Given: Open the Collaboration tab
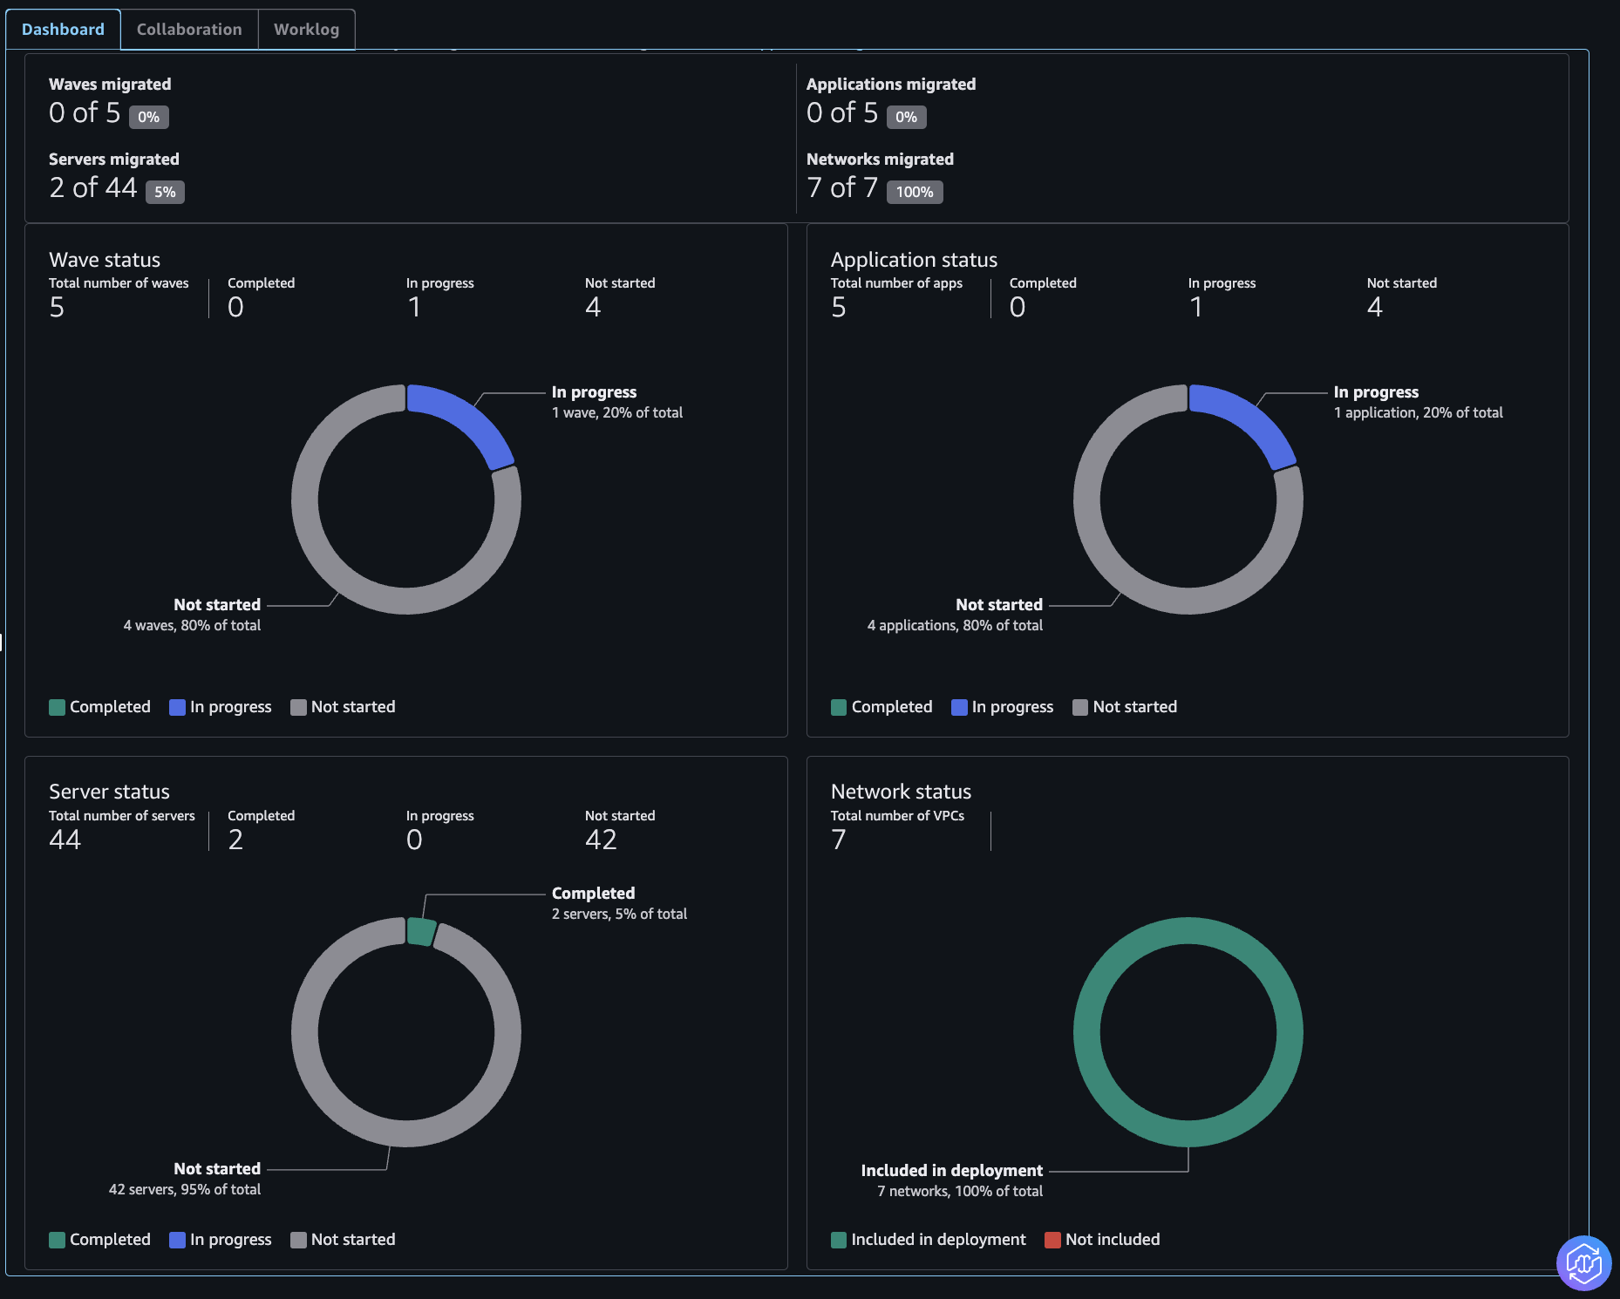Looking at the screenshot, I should click(x=189, y=30).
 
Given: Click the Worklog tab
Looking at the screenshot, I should click(x=306, y=30).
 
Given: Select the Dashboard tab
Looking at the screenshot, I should click(x=63, y=30).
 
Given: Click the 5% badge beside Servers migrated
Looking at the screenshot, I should click(x=165, y=192).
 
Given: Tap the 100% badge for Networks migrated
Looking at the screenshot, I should click(x=915, y=192).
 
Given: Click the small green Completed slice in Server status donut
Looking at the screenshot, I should click(x=421, y=931).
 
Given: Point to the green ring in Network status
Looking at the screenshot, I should click(x=1086, y=1032).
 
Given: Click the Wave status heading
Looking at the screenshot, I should click(x=105, y=260).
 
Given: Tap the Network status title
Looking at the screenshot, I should click(x=901, y=792).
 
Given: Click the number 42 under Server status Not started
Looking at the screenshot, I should click(x=601, y=840).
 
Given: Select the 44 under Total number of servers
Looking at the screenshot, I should click(x=65, y=840).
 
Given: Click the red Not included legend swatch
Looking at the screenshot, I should click(x=1052, y=1240).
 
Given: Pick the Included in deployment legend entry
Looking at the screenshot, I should click(x=929, y=1240).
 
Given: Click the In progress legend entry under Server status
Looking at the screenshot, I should click(x=221, y=1240).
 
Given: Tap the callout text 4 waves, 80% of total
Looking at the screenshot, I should click(x=192, y=625).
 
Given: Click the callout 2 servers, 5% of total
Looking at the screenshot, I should click(x=619, y=914).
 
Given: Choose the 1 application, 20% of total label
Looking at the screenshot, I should click(x=1418, y=412).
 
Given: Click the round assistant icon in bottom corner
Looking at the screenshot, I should click(x=1583, y=1262).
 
